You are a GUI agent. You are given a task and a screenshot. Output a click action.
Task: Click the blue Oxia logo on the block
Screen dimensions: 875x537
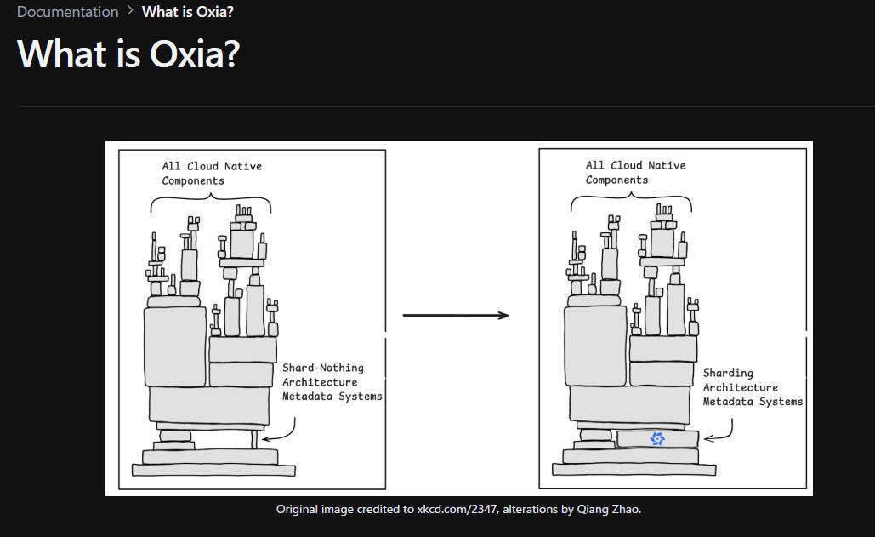(657, 439)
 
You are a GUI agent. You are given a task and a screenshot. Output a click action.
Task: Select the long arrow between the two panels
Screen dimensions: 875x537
(456, 316)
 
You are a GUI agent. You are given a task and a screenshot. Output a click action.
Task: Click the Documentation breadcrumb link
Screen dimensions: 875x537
(67, 12)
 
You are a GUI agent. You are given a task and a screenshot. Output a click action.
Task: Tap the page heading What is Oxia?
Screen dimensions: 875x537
(129, 54)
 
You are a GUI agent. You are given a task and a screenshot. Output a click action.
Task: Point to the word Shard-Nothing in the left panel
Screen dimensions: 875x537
(322, 368)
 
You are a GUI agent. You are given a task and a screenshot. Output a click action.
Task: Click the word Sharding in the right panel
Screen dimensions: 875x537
(728, 373)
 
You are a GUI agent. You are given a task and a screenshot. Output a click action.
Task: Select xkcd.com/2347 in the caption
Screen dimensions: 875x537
(457, 509)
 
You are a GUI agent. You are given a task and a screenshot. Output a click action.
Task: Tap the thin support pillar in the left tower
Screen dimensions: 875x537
(254, 439)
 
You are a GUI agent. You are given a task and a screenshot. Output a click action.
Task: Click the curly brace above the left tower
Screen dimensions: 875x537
(210, 202)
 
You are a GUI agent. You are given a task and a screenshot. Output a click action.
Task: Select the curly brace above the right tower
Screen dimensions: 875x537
(631, 201)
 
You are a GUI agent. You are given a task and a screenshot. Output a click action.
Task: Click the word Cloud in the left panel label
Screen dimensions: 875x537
(202, 166)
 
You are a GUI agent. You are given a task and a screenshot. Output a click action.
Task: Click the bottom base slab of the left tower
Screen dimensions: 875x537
(213, 470)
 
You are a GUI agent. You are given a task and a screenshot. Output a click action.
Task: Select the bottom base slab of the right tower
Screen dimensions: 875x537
(634, 469)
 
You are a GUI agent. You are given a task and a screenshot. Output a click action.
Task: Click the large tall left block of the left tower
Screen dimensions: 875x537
(175, 346)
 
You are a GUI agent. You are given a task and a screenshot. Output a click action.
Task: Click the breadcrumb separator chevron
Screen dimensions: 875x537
(130, 10)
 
